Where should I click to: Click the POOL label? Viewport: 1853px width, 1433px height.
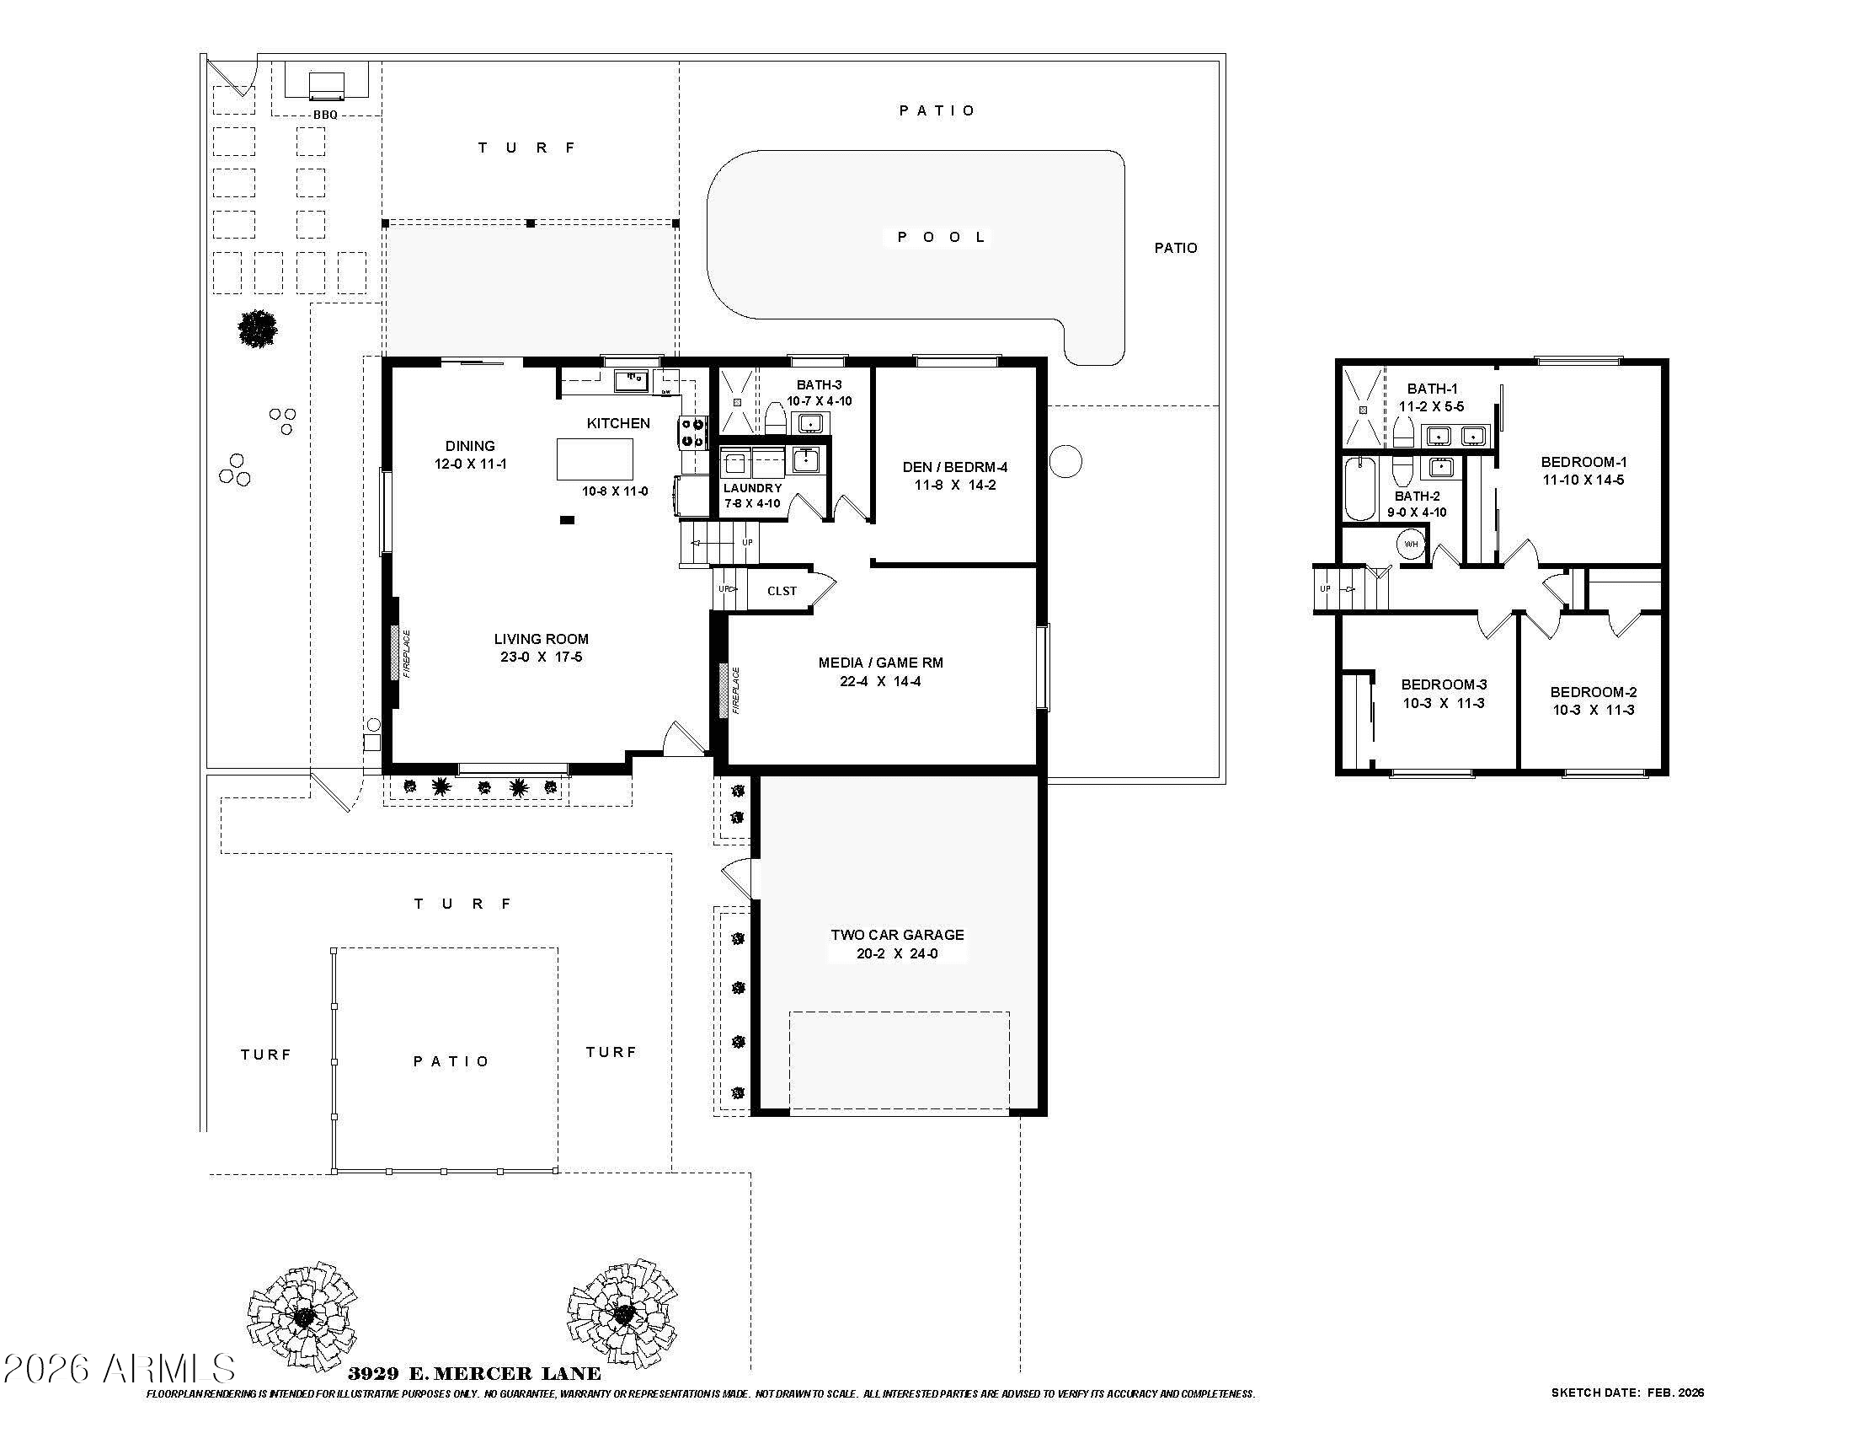coord(942,237)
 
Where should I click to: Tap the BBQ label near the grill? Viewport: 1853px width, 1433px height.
coord(325,115)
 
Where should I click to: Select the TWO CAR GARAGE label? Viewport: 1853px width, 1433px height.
coord(897,935)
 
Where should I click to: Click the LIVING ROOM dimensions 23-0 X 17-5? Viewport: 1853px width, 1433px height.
coord(541,657)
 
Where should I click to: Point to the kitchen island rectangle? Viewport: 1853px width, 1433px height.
coord(594,459)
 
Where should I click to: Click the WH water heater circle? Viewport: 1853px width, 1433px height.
coord(1411,545)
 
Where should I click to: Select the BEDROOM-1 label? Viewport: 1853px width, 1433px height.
coord(1583,462)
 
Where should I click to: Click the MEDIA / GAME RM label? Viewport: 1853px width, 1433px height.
coord(880,663)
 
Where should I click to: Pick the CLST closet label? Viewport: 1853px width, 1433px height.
coord(782,591)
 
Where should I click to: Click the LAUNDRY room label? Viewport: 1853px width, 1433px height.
coord(751,488)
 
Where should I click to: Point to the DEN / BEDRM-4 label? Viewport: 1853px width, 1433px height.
coord(954,467)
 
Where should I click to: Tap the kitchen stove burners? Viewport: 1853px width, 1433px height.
coord(692,432)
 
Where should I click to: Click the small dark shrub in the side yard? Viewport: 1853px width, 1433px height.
coord(257,329)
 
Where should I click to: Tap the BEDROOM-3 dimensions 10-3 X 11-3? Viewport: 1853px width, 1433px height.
coord(1443,703)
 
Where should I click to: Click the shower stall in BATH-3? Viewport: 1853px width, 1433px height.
coord(736,400)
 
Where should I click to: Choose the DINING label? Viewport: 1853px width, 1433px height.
coord(470,446)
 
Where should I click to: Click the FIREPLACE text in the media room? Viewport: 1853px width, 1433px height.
coord(736,690)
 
